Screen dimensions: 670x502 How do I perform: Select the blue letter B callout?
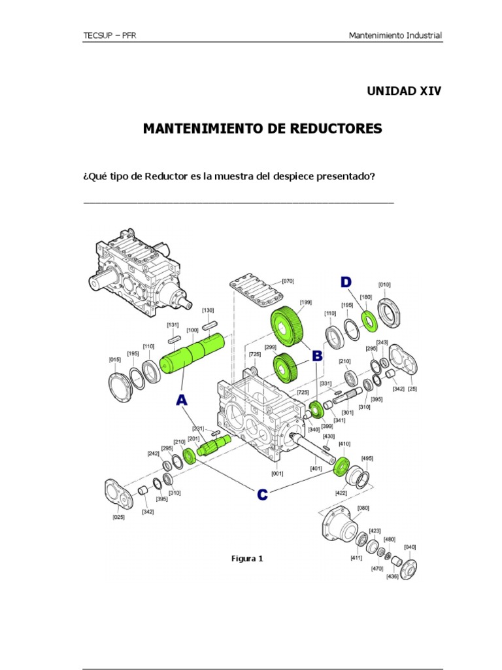(x=317, y=356)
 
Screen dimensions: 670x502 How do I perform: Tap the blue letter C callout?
(x=261, y=495)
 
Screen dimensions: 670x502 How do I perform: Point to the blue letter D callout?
(x=344, y=282)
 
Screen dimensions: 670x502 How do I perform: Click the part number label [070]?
(x=288, y=281)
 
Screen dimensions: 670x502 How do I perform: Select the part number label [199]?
(x=305, y=302)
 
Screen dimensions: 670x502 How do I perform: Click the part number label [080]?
(x=363, y=508)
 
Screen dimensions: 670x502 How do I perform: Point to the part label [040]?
(x=410, y=546)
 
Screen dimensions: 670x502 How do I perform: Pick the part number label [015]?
(x=114, y=359)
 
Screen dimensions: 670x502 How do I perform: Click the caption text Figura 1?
(x=247, y=558)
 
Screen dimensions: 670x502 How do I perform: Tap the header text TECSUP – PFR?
(x=108, y=35)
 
